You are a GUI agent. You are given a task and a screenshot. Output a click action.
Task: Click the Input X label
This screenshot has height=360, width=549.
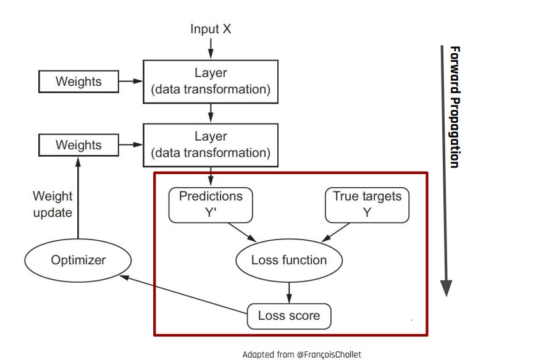point(211,29)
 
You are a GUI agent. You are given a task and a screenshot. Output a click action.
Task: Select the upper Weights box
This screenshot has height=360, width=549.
point(78,82)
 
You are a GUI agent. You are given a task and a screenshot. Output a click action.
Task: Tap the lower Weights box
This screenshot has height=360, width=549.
point(78,145)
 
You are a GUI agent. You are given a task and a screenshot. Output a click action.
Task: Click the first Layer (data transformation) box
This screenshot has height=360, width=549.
point(211,82)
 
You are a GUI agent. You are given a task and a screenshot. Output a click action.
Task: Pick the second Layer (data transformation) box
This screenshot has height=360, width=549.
point(211,144)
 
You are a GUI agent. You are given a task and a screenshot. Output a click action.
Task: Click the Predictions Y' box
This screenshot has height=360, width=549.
point(211,205)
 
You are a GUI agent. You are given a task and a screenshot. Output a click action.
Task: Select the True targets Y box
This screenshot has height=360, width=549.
point(367,205)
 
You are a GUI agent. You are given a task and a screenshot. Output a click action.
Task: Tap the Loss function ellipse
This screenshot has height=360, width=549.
point(288,260)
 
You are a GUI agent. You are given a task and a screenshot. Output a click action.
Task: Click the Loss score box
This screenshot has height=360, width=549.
point(288,316)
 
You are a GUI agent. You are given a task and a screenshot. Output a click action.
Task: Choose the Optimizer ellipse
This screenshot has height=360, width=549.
point(78,260)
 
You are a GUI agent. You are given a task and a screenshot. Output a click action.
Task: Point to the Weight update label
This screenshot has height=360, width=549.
point(52,204)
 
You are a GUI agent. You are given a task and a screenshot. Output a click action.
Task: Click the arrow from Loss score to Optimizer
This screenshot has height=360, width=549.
point(185,295)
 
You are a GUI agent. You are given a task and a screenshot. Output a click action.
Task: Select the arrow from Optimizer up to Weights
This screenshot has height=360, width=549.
point(78,198)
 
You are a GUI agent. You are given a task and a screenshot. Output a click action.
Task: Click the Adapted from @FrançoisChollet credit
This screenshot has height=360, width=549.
point(301,354)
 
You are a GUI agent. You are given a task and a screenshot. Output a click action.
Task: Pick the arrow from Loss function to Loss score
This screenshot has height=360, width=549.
point(288,291)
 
